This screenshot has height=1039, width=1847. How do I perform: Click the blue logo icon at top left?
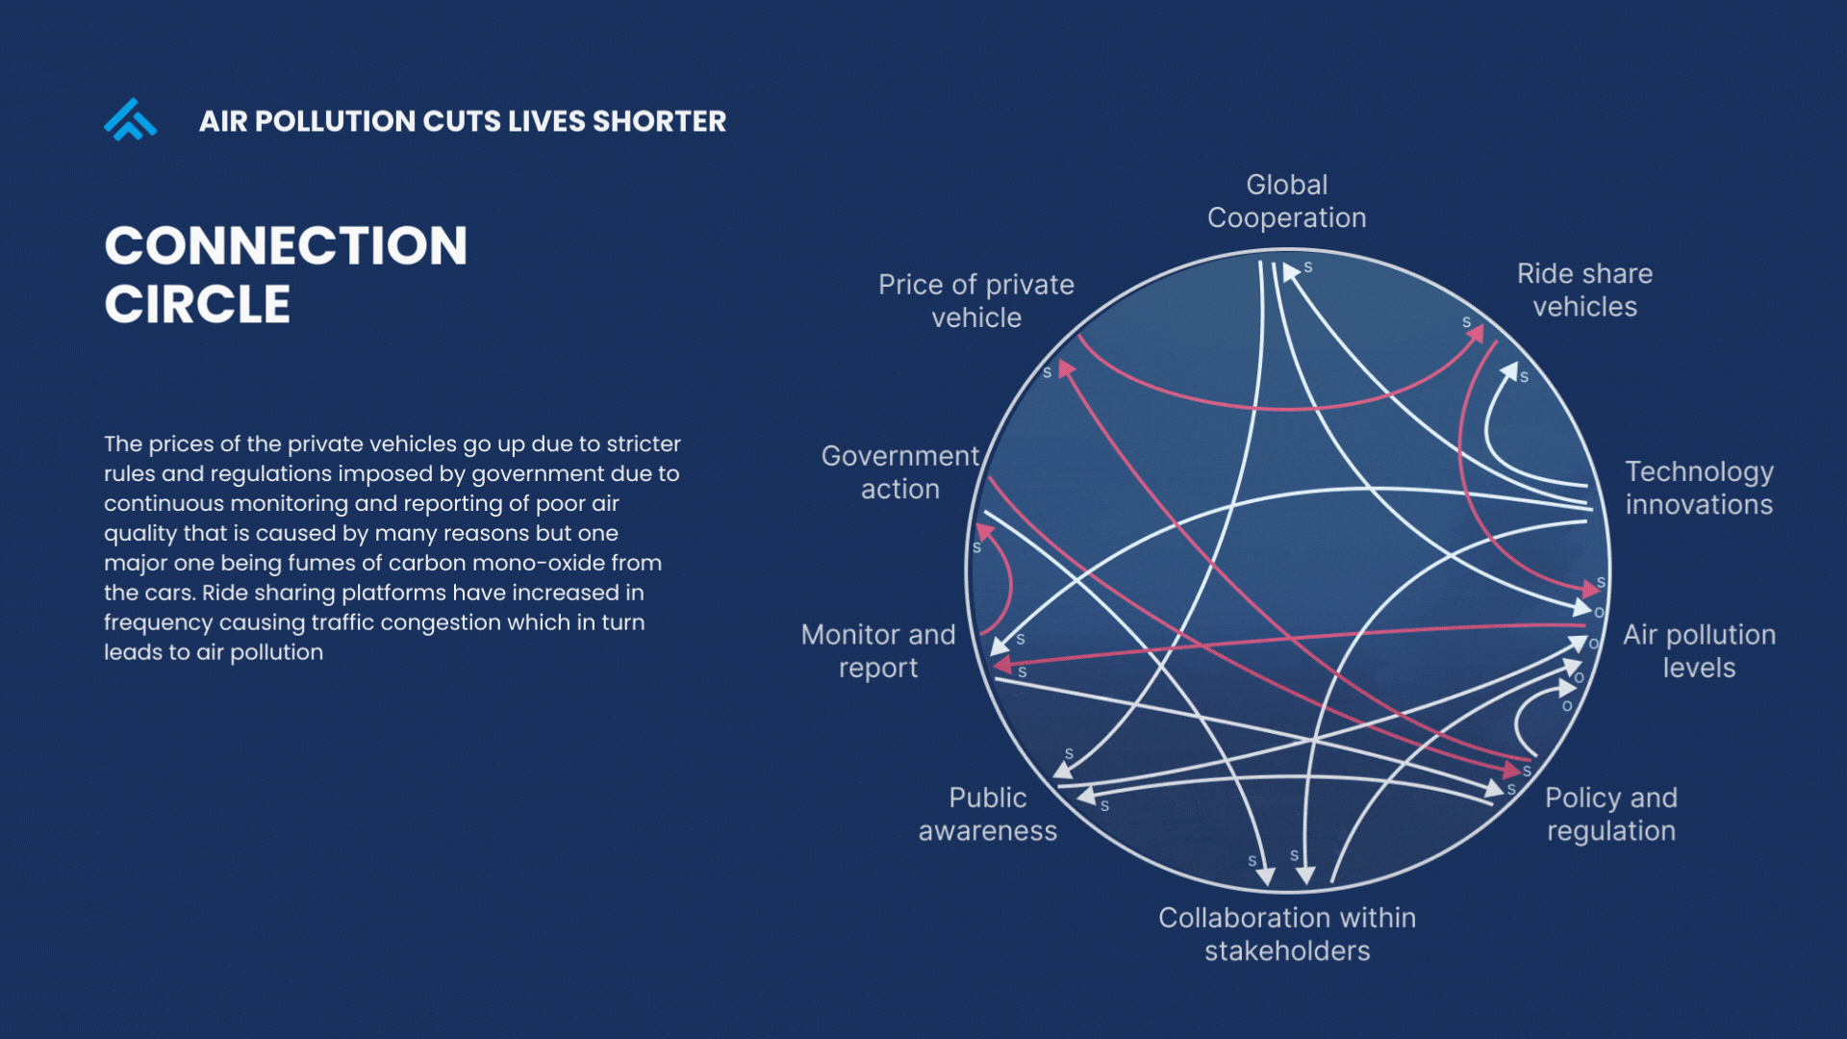point(130,120)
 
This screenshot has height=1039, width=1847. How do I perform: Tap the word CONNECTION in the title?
point(286,246)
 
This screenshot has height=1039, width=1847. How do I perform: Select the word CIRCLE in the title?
point(197,305)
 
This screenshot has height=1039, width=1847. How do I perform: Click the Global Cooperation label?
point(1286,201)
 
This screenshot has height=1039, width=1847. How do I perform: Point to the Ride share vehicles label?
point(1584,291)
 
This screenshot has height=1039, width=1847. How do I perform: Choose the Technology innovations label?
point(1699,488)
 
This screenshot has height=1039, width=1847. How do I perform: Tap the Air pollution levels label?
point(1699,651)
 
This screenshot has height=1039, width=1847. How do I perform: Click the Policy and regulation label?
point(1610,814)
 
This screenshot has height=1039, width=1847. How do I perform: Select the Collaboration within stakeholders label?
point(1286,934)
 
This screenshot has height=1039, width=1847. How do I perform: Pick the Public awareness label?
point(987,814)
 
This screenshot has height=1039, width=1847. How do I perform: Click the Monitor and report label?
point(877,651)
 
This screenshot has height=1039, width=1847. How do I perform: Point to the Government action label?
point(899,472)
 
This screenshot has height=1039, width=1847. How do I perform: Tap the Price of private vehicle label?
point(975,301)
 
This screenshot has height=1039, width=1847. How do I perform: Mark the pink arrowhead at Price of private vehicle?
point(1065,369)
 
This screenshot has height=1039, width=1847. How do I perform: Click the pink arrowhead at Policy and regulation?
point(1511,771)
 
